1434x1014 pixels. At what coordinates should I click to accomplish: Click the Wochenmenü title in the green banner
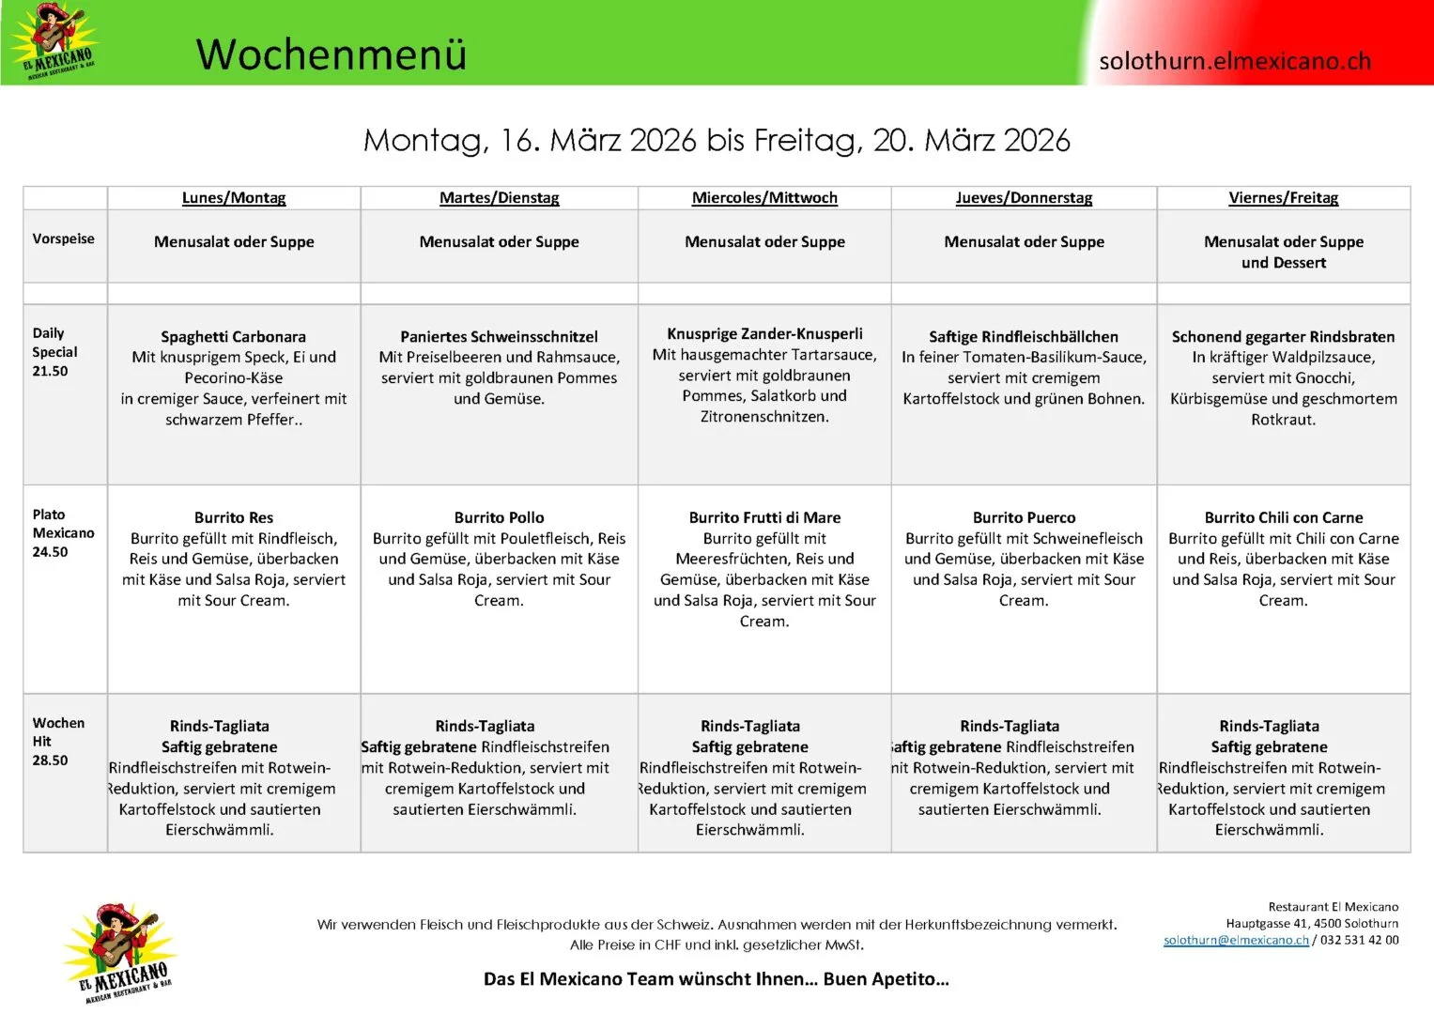click(x=331, y=54)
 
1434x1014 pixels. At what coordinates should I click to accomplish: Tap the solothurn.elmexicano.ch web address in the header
click(x=1234, y=61)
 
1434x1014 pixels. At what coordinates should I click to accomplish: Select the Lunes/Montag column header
click(x=234, y=197)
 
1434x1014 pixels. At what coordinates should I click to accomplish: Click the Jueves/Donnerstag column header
click(x=1024, y=197)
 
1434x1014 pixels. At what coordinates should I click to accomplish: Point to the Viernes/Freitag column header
click(x=1283, y=197)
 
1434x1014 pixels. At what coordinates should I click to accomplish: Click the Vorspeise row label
click(x=63, y=238)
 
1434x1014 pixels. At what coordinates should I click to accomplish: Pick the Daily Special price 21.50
click(x=51, y=371)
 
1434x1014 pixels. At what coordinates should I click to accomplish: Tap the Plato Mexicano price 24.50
click(x=51, y=552)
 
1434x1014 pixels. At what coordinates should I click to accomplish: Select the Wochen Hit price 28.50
click(x=51, y=760)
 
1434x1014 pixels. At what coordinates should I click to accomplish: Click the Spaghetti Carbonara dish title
click(x=233, y=336)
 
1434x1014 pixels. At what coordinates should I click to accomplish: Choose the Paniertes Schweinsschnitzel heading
click(x=499, y=336)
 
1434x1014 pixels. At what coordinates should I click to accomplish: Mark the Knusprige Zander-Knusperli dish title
click(x=764, y=333)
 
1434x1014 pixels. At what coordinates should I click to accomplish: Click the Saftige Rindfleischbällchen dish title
click(x=1024, y=336)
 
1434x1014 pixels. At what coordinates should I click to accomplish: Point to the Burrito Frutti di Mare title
click(x=764, y=517)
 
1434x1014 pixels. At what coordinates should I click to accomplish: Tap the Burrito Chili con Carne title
click(x=1283, y=517)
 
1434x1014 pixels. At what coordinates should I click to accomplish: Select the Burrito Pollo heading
click(x=499, y=517)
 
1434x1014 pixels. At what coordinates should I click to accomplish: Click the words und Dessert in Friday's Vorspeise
click(x=1283, y=263)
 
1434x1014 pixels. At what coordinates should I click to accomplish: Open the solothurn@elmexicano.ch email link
click(x=1235, y=940)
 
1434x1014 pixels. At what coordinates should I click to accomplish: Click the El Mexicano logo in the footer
click(x=120, y=952)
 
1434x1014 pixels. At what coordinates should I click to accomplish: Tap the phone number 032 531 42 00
click(x=1359, y=940)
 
